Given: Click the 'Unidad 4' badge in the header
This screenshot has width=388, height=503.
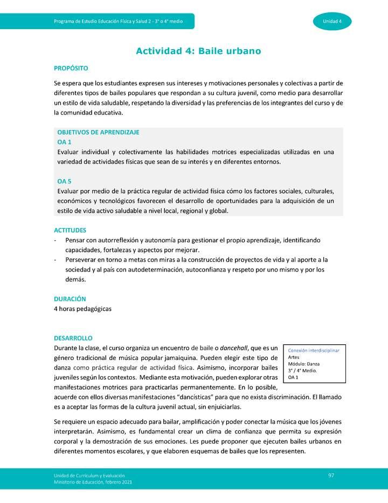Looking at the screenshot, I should (332, 21).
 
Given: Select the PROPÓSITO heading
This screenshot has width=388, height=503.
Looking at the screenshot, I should (71, 69).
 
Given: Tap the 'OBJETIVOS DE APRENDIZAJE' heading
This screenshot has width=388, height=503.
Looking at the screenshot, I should (98, 132).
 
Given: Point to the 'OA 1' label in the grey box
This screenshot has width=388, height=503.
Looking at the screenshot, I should (64, 142).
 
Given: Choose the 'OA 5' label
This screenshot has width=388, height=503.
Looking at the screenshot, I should (64, 181).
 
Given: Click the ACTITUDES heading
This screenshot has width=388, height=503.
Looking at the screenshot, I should (70, 230).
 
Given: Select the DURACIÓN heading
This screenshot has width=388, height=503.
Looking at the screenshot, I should (70, 298).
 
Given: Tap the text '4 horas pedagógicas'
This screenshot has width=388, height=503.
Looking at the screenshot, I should (82, 309).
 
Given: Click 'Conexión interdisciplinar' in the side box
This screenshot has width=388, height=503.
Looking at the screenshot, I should (314, 350).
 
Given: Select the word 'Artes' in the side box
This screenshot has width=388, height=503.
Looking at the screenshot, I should (294, 357).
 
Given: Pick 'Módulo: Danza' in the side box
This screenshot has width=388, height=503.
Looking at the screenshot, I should (304, 364).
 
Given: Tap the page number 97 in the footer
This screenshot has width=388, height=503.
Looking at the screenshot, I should (332, 474).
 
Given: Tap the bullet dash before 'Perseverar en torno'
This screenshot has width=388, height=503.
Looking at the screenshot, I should (56, 260).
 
